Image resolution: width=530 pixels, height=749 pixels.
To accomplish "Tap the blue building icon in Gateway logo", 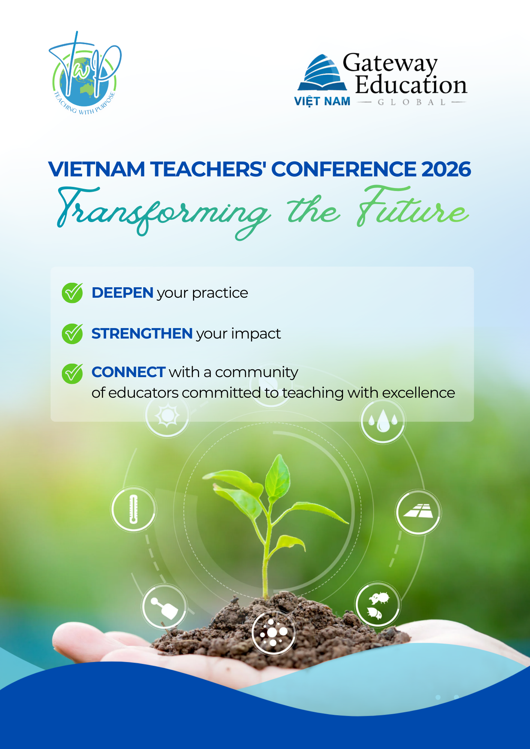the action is [322, 73].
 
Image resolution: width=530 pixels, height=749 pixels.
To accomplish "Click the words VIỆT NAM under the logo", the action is [322, 101].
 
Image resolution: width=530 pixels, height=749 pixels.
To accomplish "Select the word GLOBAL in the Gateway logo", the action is [412, 102].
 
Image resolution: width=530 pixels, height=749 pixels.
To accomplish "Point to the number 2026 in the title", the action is [446, 169].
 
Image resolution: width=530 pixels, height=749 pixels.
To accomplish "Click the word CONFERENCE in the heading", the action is [343, 169].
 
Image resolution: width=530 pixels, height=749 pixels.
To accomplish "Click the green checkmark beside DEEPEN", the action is [72, 292].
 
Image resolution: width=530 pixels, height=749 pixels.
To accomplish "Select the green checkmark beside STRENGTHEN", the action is [72, 333].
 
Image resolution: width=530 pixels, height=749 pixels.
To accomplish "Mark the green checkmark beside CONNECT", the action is [72, 373].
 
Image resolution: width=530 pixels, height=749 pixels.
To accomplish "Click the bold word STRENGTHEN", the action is [142, 334].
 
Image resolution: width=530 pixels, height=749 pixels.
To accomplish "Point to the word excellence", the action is [418, 393].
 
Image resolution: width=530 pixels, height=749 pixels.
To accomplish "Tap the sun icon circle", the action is [167, 415].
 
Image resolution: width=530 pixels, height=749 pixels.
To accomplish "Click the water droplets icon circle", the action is [383, 421].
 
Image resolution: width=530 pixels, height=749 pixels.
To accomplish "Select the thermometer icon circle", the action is [133, 509].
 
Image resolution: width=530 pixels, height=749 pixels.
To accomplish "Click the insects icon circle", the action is [378, 604].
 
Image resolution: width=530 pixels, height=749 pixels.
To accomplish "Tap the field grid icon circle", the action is [418, 512].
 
